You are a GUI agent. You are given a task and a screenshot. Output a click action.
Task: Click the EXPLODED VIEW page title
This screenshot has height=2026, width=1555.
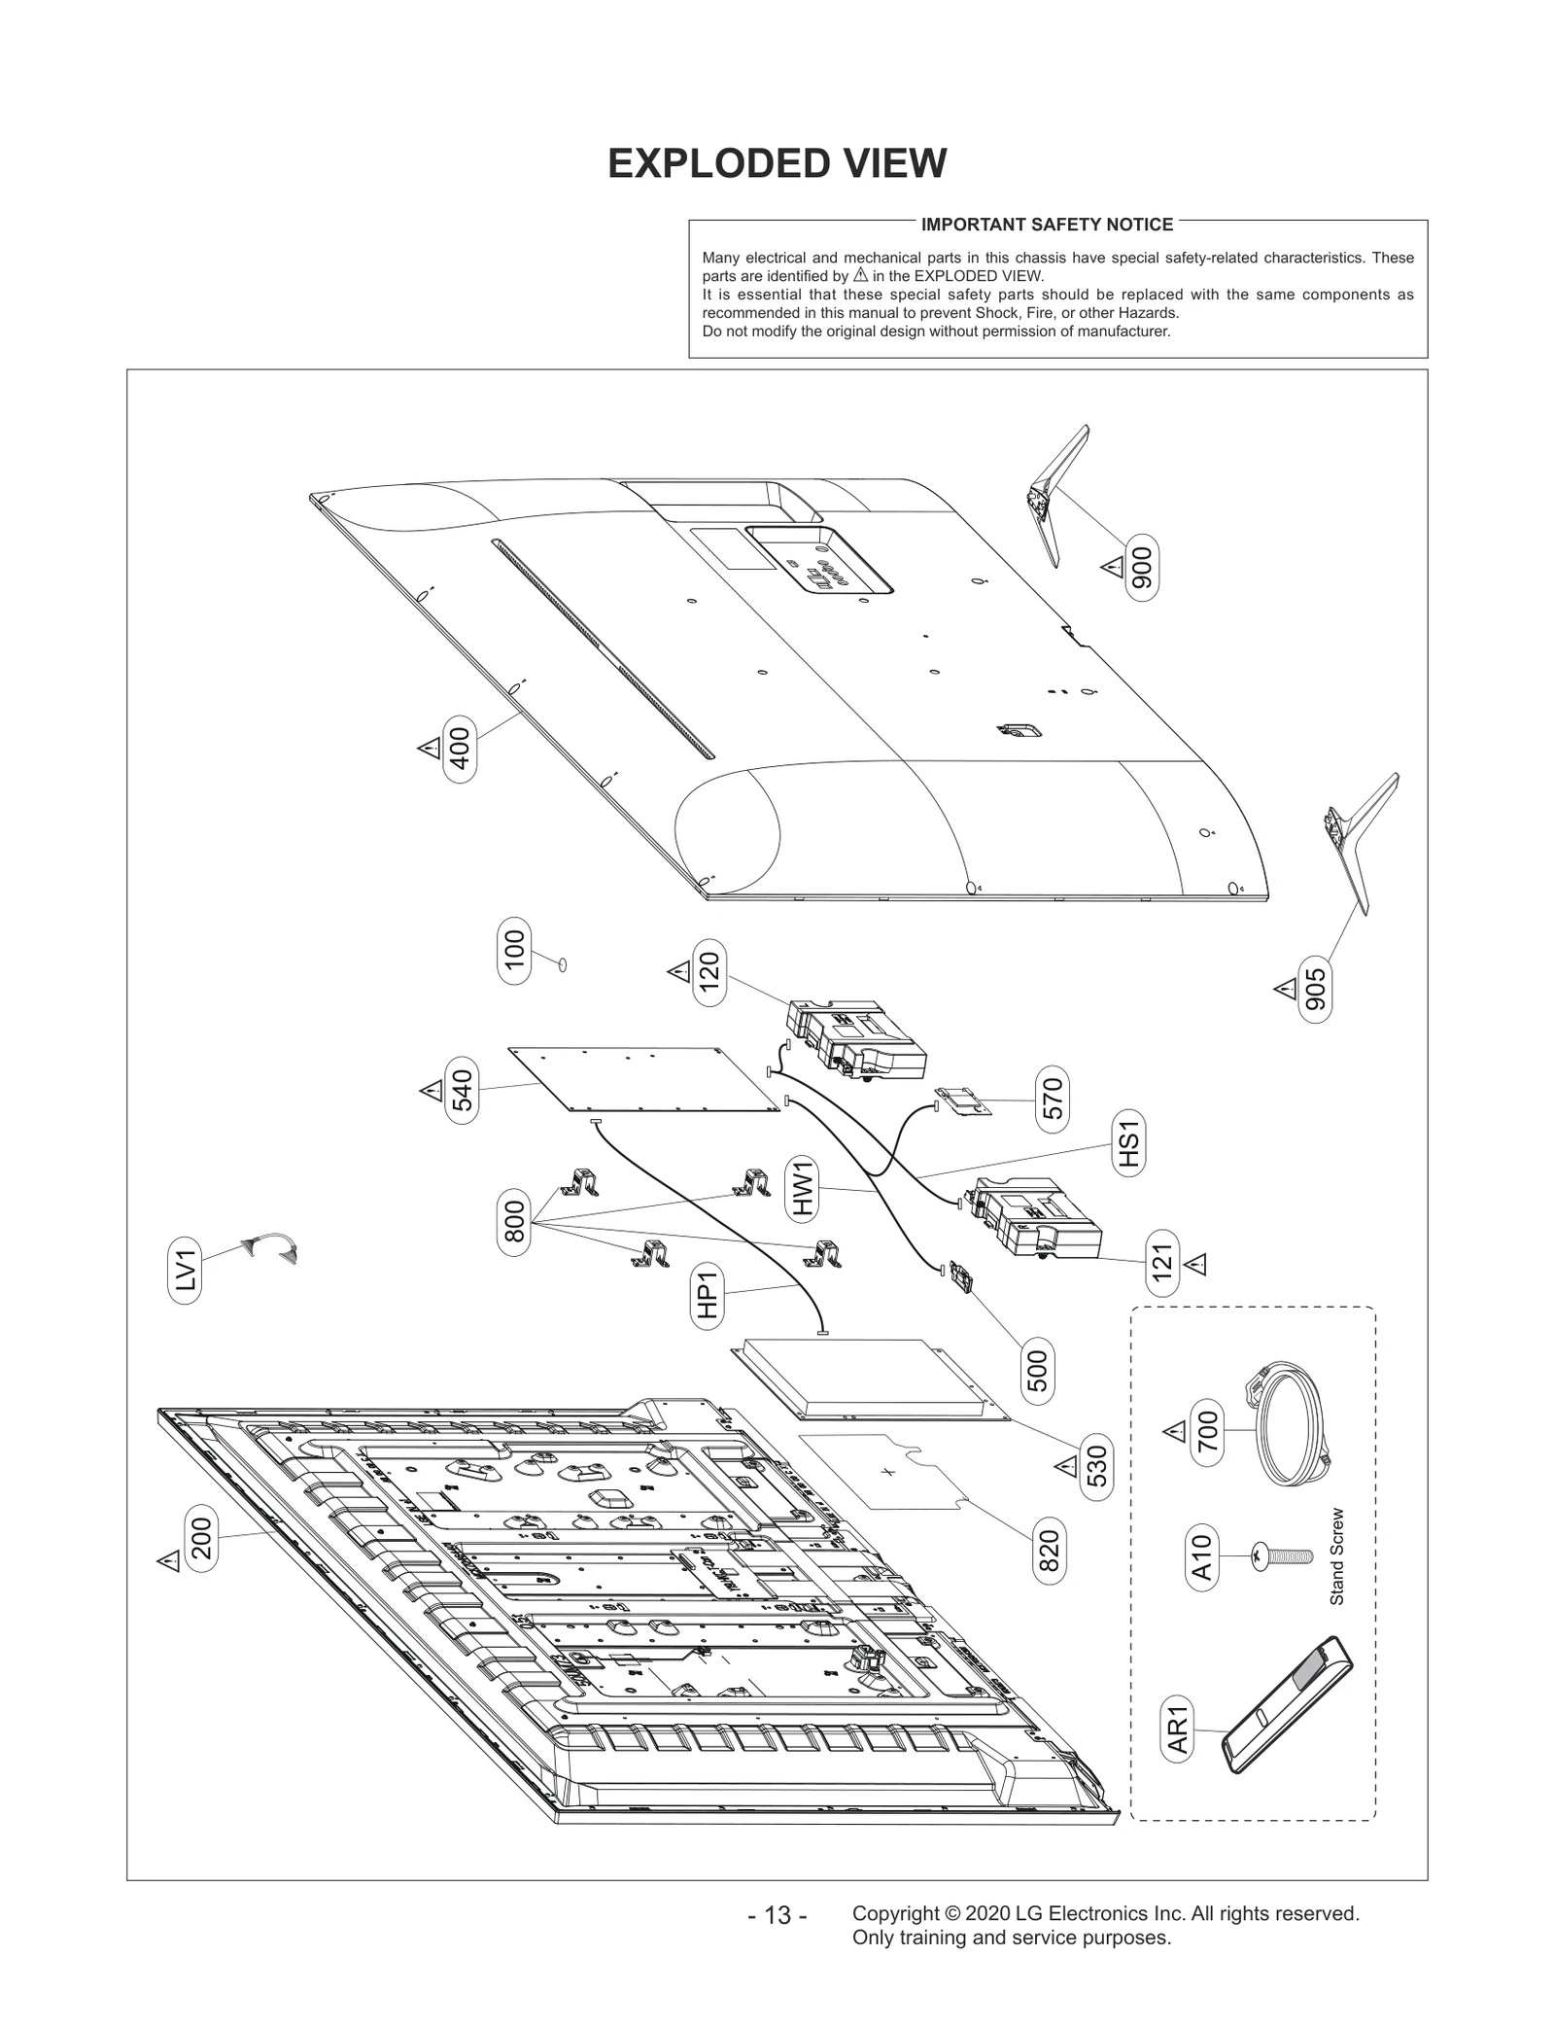(777, 163)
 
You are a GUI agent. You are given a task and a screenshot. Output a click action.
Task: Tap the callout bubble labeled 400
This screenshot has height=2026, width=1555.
(460, 749)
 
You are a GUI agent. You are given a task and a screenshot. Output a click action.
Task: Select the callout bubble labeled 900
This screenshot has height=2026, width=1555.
(1142, 567)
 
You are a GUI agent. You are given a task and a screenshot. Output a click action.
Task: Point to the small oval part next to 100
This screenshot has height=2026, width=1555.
(563, 963)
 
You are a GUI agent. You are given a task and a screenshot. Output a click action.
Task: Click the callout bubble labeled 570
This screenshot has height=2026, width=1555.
(1052, 1100)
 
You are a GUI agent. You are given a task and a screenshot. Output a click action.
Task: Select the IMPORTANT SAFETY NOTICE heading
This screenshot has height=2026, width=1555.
(1047, 225)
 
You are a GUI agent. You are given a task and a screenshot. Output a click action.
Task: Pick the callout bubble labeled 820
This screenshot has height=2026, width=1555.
(1050, 1554)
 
